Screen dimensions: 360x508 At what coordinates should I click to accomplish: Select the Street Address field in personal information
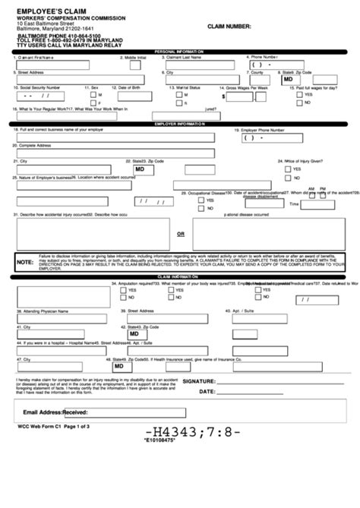click(84, 80)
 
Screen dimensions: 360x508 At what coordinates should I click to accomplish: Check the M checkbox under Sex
click(93, 95)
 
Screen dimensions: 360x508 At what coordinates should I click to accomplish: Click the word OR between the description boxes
click(181, 234)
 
